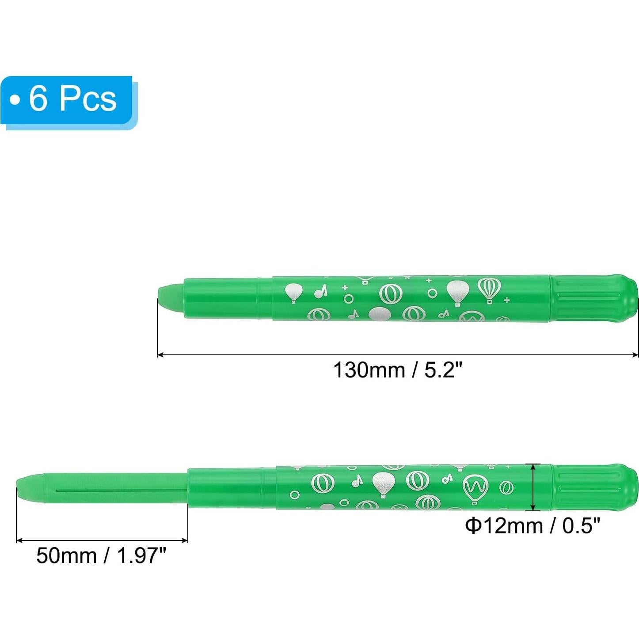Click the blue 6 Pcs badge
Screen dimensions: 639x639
point(66,99)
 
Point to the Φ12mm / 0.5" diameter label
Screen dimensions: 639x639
point(532,526)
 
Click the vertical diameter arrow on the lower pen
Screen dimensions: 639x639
point(534,487)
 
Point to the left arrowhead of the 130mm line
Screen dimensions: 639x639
point(160,354)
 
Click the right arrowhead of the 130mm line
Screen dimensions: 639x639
point(635,354)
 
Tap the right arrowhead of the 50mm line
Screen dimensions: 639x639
point(185,540)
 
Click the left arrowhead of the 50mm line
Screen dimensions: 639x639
point(19,540)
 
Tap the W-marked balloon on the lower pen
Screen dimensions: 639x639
point(475,488)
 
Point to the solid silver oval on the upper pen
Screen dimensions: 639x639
point(380,315)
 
